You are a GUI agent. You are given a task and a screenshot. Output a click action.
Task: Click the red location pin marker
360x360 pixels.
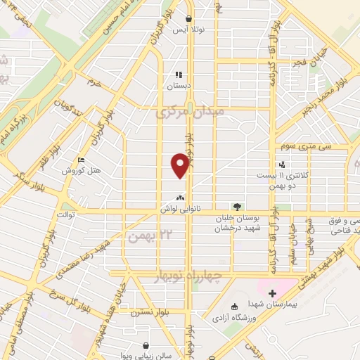(x=180, y=165)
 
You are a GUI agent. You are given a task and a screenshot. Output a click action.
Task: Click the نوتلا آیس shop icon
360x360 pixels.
(x=188, y=19)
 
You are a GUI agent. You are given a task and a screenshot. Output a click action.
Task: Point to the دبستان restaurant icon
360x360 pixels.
(x=179, y=74)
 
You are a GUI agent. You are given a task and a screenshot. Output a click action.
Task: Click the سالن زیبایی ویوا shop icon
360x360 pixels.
(x=146, y=345)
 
